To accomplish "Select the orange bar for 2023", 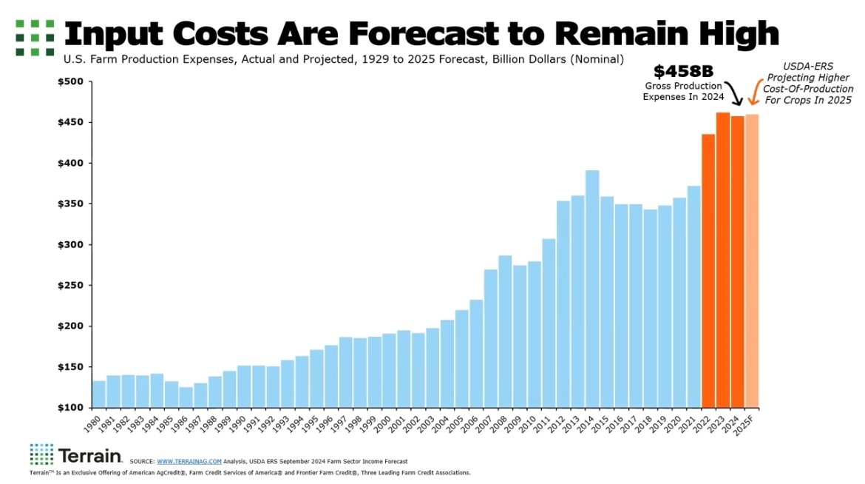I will pos(723,259).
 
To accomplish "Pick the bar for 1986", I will pos(186,397).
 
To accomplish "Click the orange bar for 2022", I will pos(708,270).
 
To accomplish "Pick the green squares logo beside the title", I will pos(35,37).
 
